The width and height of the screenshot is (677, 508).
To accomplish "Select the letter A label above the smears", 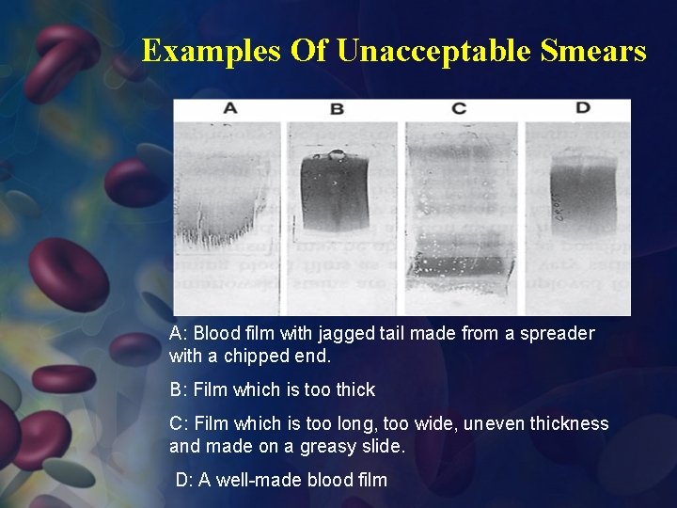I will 229,109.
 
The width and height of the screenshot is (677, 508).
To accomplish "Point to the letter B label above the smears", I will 337,109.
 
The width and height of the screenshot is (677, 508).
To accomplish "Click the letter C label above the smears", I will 459,109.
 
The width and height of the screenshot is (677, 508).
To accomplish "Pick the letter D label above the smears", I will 583,108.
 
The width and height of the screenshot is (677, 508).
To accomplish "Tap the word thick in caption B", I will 355,389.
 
